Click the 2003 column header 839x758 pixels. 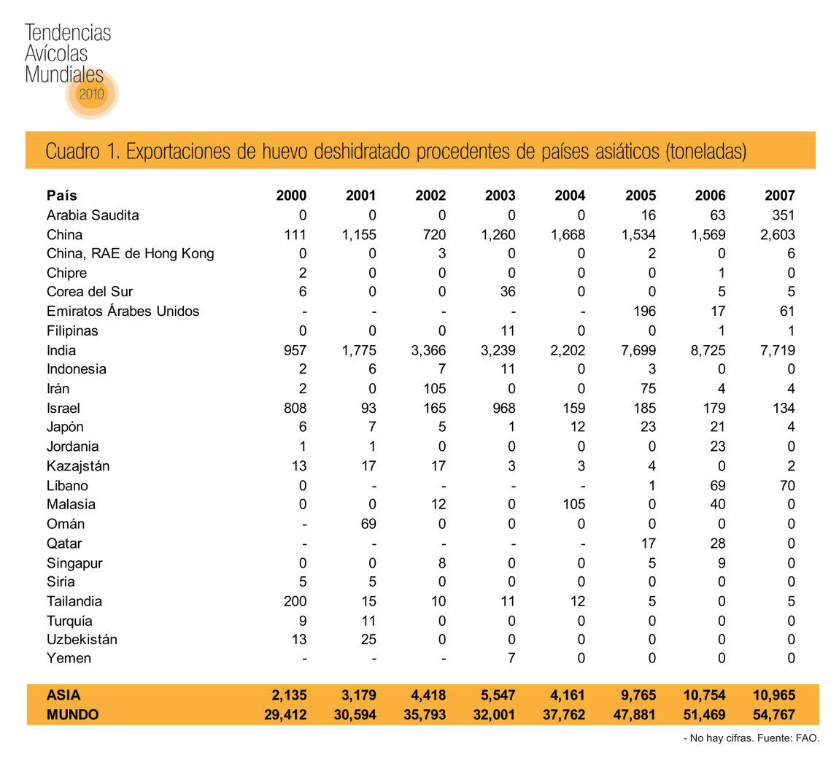(500, 196)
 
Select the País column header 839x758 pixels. (62, 196)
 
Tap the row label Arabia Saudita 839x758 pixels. (93, 215)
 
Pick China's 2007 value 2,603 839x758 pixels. (776, 235)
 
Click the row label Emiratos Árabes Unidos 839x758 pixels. (123, 312)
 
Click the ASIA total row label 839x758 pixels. (63, 695)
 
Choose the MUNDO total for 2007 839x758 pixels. (773, 715)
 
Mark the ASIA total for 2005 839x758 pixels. (635, 695)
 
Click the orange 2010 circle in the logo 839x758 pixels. (92, 94)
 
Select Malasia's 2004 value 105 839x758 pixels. (569, 504)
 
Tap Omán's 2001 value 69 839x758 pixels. (368, 524)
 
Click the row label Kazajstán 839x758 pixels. (78, 466)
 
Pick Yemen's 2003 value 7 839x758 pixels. (511, 658)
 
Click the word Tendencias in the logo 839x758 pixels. (68, 33)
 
